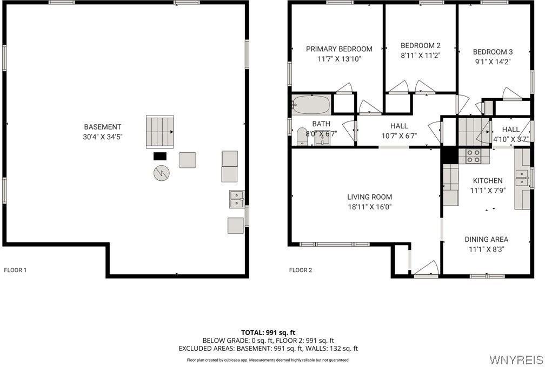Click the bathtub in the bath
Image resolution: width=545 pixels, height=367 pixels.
(x=311, y=104)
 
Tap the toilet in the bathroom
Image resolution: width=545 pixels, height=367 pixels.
(x=301, y=137)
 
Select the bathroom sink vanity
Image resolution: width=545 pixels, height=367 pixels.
(x=322, y=138)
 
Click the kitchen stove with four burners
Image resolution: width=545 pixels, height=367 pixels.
(x=474, y=156)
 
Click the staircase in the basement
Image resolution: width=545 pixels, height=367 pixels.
(x=159, y=131)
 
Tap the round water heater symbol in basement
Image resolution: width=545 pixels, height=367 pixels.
(x=161, y=173)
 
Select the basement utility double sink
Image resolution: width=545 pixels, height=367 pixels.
(x=236, y=199)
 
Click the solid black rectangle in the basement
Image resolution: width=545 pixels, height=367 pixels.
(x=160, y=156)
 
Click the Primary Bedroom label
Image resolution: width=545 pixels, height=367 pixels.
(x=339, y=49)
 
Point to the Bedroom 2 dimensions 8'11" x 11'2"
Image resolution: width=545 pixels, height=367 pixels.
(x=421, y=55)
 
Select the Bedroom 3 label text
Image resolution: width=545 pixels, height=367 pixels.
(x=493, y=52)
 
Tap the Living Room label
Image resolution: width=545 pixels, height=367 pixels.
(x=369, y=197)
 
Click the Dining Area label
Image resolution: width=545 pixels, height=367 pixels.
(x=486, y=239)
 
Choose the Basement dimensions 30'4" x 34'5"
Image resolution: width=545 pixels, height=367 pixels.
(x=103, y=137)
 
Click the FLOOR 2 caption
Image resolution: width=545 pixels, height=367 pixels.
(x=301, y=270)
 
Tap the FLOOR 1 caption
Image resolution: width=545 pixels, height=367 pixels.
(x=15, y=270)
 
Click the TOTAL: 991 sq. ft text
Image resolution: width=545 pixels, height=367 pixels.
(x=268, y=332)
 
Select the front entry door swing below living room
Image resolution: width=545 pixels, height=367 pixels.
(x=427, y=268)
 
